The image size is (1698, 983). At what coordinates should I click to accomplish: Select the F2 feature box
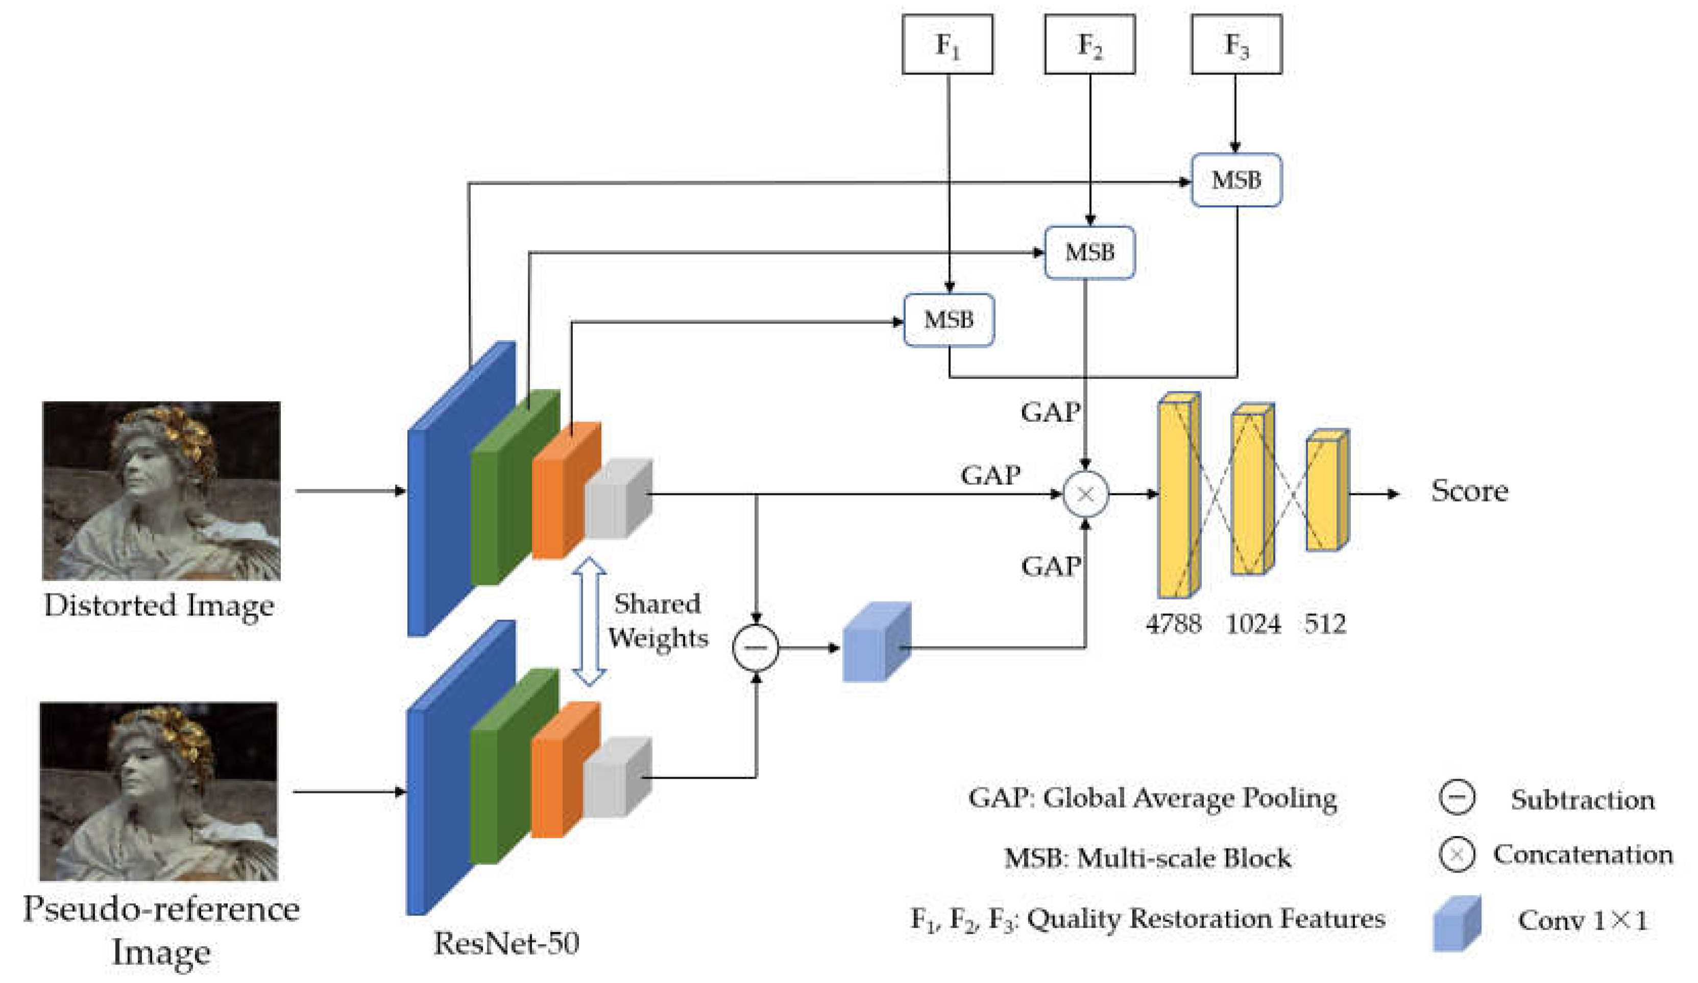[x=1089, y=44]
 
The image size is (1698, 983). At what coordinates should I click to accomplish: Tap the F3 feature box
[x=1236, y=44]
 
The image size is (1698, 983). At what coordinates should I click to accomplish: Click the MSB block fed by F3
[x=1236, y=180]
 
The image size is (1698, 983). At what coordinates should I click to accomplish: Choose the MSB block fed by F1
[x=948, y=320]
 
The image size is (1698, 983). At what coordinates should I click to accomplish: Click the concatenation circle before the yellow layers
[x=1085, y=494]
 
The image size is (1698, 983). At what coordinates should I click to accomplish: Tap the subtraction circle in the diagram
[x=756, y=648]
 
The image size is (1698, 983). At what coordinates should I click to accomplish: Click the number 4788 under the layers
[x=1173, y=624]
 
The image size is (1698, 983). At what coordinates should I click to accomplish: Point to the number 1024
[x=1253, y=624]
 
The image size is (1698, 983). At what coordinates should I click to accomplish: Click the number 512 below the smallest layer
[x=1325, y=624]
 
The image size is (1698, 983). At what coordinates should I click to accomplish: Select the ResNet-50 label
[x=506, y=943]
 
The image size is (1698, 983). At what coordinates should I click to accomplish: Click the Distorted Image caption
[x=159, y=605]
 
